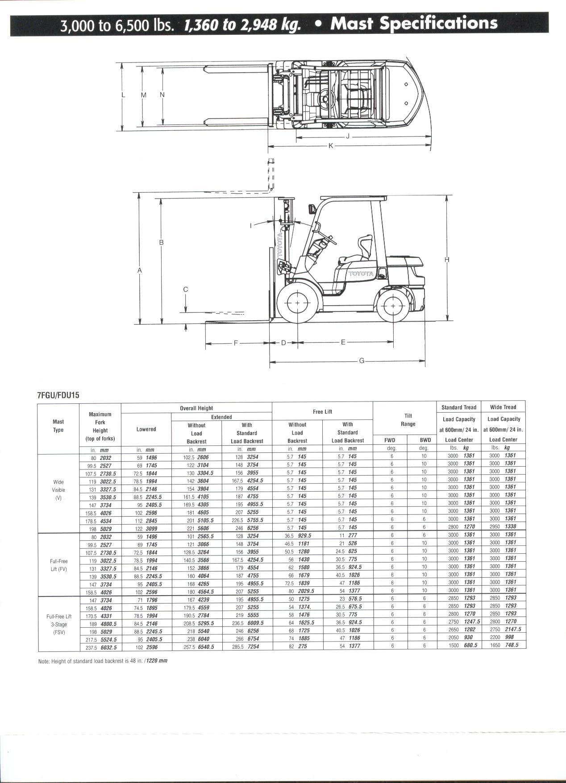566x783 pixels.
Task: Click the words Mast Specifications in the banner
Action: (x=414, y=23)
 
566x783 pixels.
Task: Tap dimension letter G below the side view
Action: (x=362, y=361)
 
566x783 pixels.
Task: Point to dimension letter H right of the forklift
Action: (x=447, y=260)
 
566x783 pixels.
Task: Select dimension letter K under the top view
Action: (x=331, y=146)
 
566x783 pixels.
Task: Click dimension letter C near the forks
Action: (x=186, y=289)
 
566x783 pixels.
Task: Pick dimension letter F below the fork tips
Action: (x=236, y=343)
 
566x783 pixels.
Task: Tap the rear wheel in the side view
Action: (x=392, y=306)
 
